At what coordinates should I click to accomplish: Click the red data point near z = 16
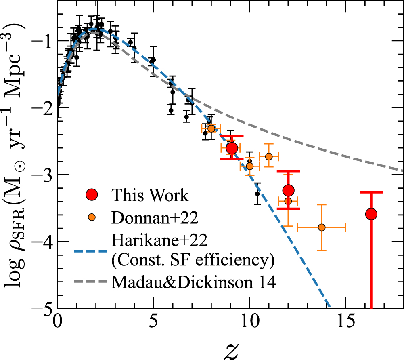click(x=371, y=214)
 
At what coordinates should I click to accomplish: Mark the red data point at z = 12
click(x=288, y=190)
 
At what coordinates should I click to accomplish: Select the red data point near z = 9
click(x=232, y=148)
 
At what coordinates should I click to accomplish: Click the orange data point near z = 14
click(x=322, y=227)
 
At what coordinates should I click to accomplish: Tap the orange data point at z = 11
click(x=269, y=156)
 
